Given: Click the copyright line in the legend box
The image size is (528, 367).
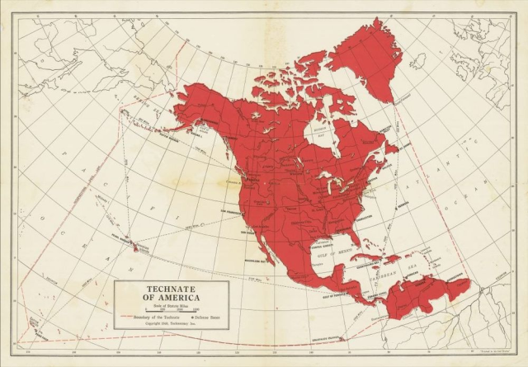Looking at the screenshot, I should coord(171,325).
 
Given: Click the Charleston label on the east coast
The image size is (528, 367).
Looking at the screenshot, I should coord(366,214).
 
